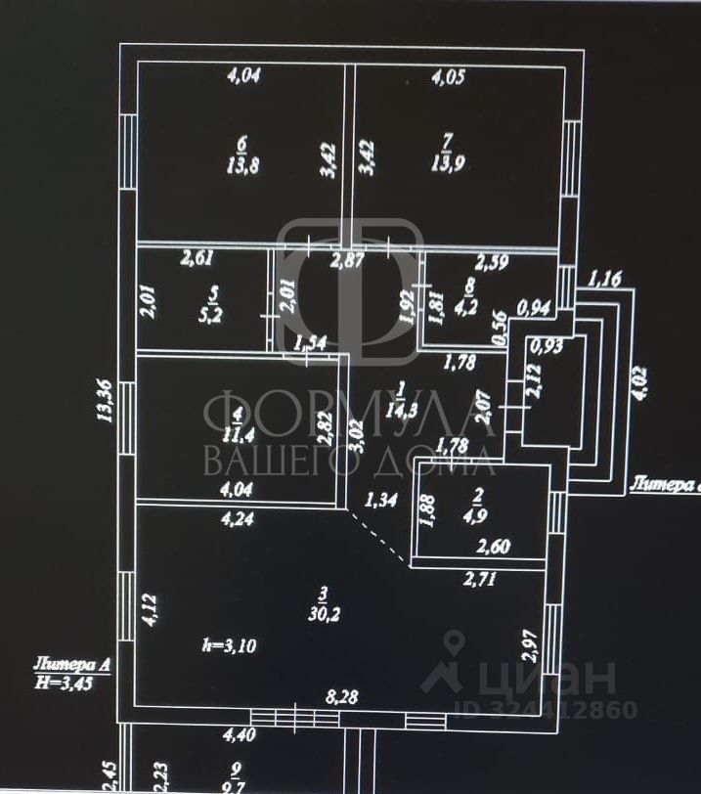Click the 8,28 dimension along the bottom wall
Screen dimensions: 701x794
tap(341, 697)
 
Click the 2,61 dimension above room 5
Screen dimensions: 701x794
tap(197, 259)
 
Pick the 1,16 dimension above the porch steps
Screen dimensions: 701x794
tap(604, 280)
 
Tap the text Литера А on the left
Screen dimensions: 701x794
tap(69, 665)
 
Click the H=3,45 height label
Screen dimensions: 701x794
tap(70, 684)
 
